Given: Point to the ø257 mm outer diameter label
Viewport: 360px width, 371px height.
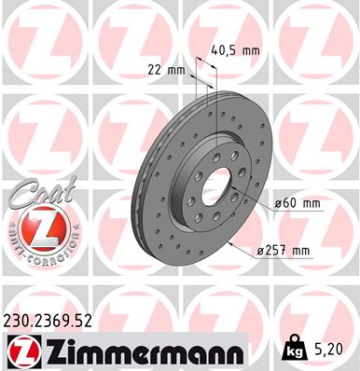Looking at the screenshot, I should (x=284, y=250).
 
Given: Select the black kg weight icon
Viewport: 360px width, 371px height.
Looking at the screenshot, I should (x=292, y=349).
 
